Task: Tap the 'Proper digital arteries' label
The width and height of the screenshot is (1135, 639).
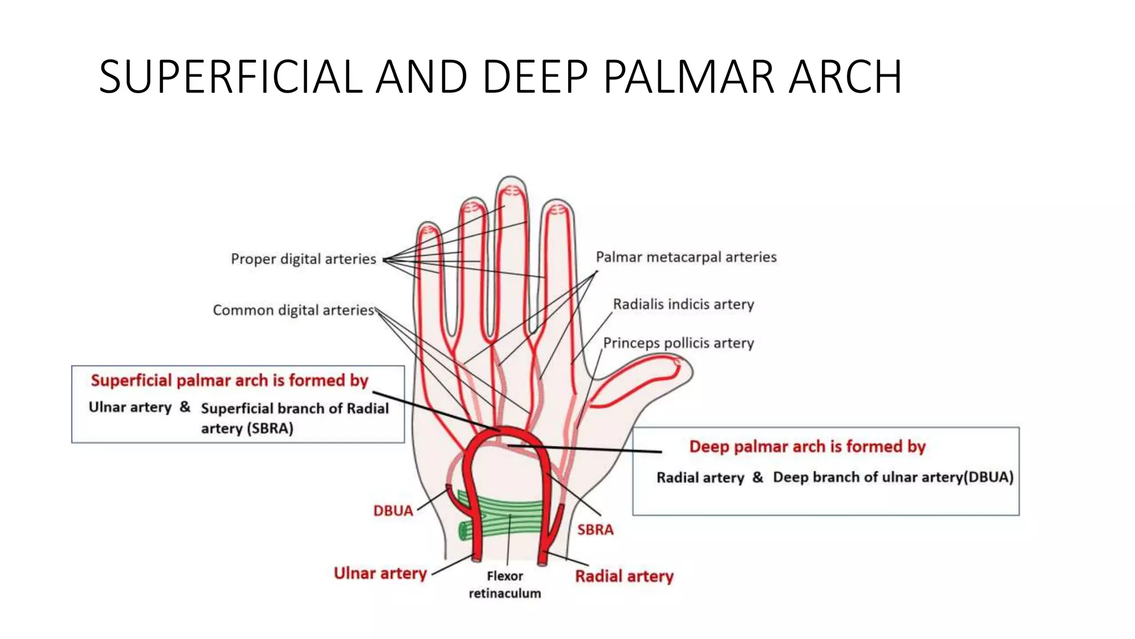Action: click(x=303, y=259)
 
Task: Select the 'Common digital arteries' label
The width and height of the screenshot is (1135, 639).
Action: click(x=294, y=310)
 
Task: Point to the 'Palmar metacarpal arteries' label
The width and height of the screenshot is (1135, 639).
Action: click(x=686, y=257)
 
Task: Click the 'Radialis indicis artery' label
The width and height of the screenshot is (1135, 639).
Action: click(x=683, y=304)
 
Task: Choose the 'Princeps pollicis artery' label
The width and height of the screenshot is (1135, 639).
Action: click(x=678, y=343)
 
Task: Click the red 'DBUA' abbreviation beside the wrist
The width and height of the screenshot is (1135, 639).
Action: click(x=393, y=511)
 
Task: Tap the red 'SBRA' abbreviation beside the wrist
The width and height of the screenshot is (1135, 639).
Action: click(x=595, y=530)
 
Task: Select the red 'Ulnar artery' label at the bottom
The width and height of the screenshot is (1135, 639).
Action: click(x=380, y=573)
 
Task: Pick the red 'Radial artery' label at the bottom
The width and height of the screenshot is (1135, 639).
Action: click(x=624, y=576)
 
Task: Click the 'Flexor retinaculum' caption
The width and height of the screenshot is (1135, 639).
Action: click(x=505, y=585)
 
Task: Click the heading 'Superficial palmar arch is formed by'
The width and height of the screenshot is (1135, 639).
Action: click(x=229, y=381)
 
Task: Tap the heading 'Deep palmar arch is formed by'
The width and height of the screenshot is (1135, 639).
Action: click(x=807, y=447)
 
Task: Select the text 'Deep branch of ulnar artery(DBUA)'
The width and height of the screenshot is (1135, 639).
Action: click(x=893, y=477)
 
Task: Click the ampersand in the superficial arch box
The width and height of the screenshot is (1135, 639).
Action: click(x=185, y=407)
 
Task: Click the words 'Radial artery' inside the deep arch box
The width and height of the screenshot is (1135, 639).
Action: click(x=700, y=478)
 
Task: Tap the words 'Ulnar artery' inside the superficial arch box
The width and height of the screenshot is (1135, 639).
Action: click(x=130, y=407)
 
